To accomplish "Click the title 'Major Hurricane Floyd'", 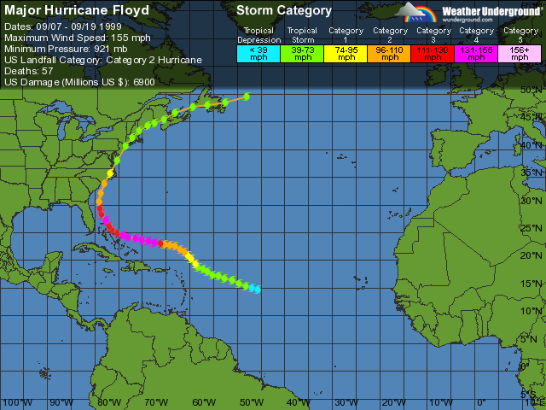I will (x=77, y=11).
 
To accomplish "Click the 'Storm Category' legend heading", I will (x=284, y=11).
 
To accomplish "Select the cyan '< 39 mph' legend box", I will (x=258, y=53).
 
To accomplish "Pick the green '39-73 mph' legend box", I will (x=302, y=53).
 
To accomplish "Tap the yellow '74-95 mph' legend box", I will (x=346, y=53).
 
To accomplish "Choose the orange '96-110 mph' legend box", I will (x=389, y=53).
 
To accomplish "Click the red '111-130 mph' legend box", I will (x=433, y=53).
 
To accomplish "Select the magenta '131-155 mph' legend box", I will (x=476, y=53).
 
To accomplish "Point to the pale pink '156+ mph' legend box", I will (x=520, y=53).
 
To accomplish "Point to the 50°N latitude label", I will (x=533, y=89).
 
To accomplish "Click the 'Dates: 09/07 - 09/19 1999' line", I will (x=62, y=26).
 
